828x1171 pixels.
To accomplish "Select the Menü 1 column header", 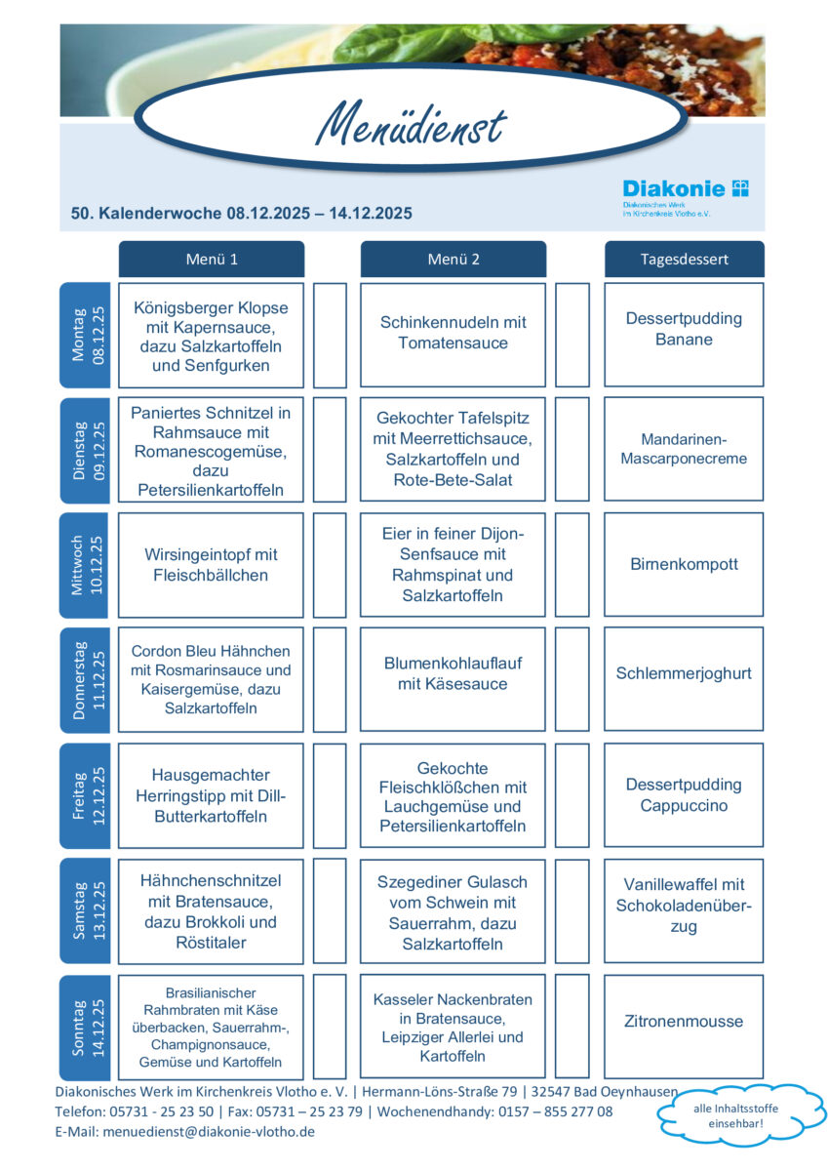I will click(212, 260).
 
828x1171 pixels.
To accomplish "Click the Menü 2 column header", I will click(453, 260).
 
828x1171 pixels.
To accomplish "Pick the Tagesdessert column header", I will click(684, 260).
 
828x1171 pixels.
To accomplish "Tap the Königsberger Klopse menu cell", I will click(212, 335).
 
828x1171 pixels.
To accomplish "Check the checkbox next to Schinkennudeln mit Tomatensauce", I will click(572, 335).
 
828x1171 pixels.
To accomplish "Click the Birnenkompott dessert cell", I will click(684, 565).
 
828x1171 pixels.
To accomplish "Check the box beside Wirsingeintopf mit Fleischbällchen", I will click(330, 565).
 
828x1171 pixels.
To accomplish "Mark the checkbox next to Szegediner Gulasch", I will click(572, 910).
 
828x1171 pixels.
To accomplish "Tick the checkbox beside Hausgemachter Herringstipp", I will click(330, 795).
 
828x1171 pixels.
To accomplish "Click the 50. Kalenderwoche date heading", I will click(242, 214).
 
